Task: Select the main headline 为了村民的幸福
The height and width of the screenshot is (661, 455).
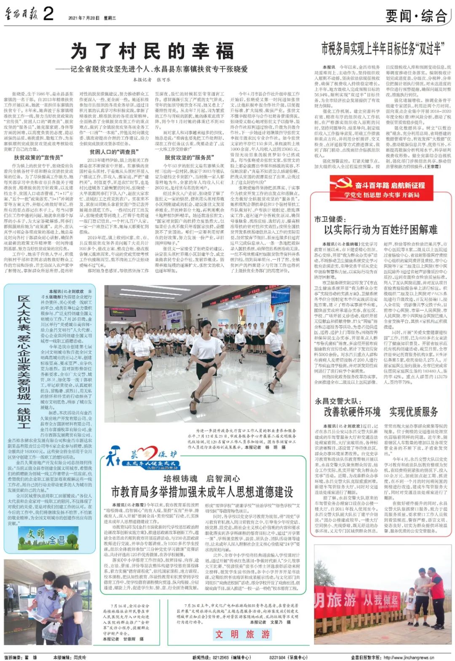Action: pos(153,51)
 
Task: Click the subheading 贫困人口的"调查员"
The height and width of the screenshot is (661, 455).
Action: pos(112,152)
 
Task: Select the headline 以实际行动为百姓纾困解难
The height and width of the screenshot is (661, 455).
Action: pos(380,230)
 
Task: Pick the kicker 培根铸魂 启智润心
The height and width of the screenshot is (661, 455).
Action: pos(201,478)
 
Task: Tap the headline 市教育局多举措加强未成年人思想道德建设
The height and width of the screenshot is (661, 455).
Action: pos(202,491)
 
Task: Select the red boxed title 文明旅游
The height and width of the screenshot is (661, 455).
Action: pos(242,634)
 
